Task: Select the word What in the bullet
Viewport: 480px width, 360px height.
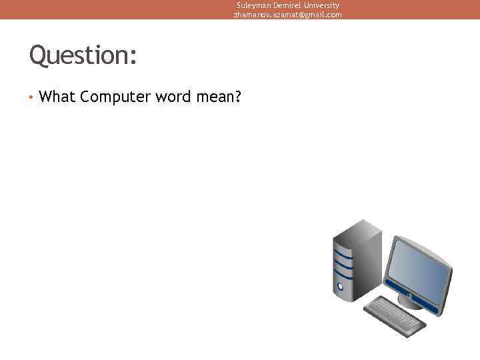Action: [x=57, y=97]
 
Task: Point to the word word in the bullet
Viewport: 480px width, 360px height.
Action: [x=174, y=97]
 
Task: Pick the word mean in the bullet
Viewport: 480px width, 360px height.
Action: [x=214, y=98]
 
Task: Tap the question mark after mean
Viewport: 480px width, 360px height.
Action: [x=237, y=97]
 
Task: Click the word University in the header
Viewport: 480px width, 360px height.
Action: [x=320, y=5]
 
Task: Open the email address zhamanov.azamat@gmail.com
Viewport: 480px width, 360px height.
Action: [x=287, y=14]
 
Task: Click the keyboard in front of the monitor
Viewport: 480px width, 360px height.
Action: [x=394, y=315]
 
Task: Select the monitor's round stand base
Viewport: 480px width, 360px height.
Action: [x=411, y=302]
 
